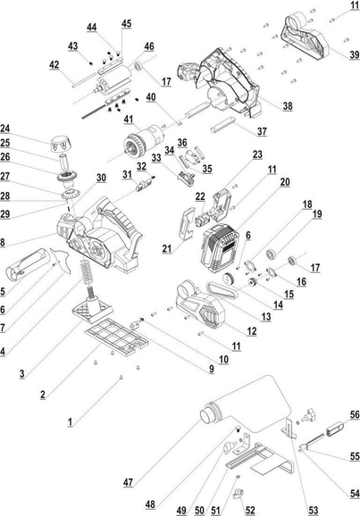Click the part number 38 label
point(288,105)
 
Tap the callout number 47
point(128,482)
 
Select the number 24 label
point(5,129)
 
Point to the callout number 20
point(285,181)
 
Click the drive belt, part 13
point(222,290)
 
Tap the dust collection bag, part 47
point(245,404)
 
